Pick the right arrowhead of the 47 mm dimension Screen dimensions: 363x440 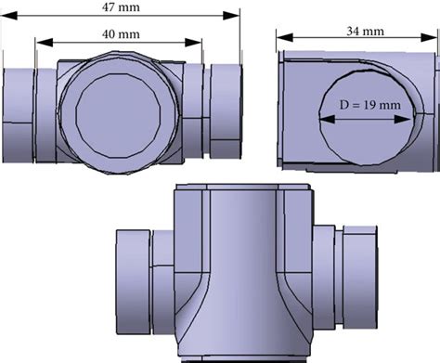click(240, 19)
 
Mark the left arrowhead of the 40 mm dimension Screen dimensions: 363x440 click(38, 44)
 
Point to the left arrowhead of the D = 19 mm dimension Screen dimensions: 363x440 click(321, 117)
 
